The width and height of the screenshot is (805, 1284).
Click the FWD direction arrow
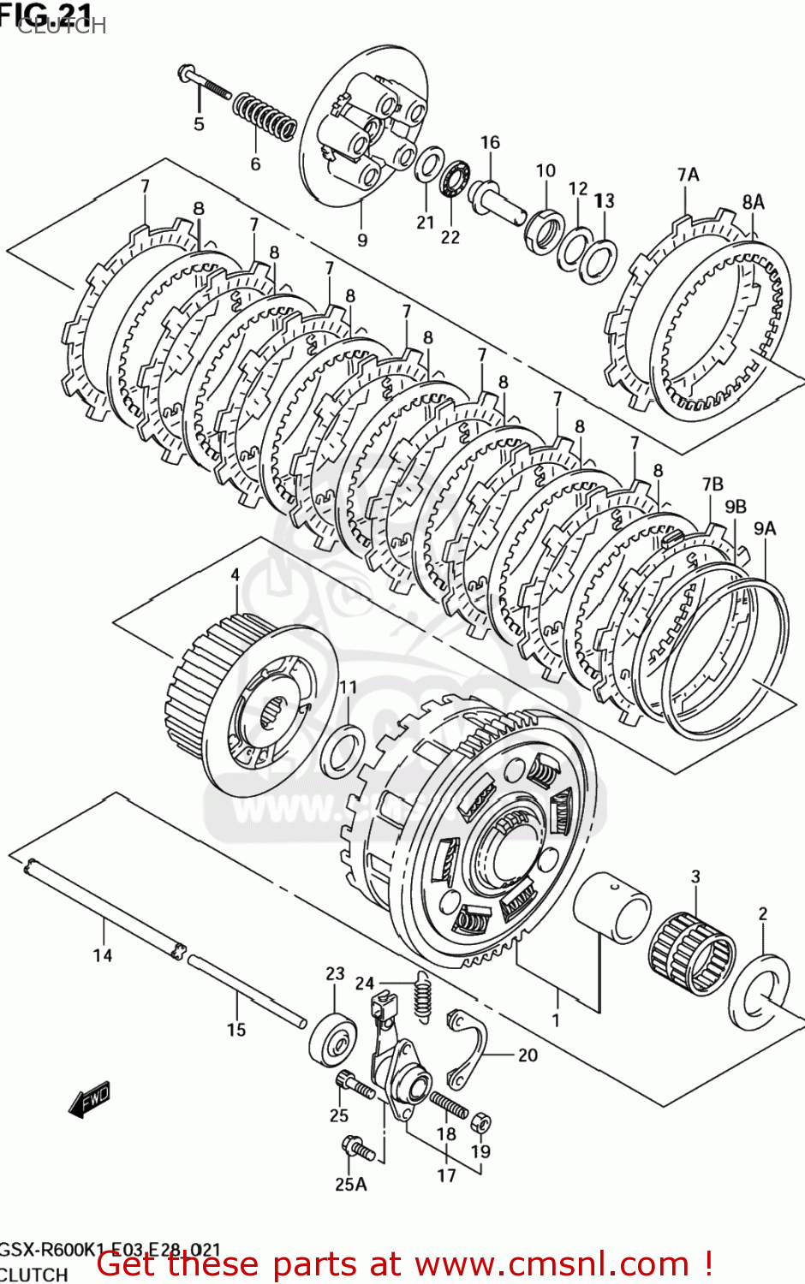(x=90, y=1100)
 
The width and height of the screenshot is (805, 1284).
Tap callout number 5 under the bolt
(x=199, y=124)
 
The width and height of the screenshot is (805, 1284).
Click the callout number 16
(x=490, y=142)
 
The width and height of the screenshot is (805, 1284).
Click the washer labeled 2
(x=760, y=993)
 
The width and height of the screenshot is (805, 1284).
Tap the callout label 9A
(x=765, y=528)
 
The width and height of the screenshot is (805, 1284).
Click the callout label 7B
(x=713, y=484)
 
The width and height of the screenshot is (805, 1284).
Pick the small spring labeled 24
(x=421, y=996)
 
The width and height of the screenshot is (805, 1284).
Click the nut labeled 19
(x=480, y=1121)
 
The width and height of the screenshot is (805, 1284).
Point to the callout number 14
(x=103, y=954)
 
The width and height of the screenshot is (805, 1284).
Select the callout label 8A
(x=753, y=202)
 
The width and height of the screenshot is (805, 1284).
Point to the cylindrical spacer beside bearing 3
(x=611, y=907)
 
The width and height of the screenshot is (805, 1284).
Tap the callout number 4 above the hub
(x=236, y=575)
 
